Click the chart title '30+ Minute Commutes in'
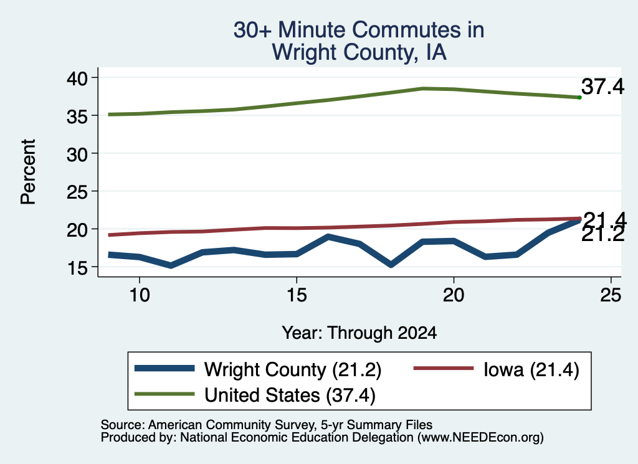(359, 30)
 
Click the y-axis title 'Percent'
(28, 172)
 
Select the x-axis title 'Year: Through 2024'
(359, 333)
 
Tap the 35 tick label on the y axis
(77, 116)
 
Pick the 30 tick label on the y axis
(77, 154)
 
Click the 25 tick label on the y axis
(77, 192)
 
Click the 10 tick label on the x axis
(140, 295)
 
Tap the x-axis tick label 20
(454, 295)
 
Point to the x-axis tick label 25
(611, 295)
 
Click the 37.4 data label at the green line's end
(602, 87)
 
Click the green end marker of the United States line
(579, 97)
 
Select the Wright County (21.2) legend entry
(258, 369)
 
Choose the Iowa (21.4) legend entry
(497, 369)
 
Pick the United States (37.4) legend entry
(255, 395)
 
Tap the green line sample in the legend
(164, 394)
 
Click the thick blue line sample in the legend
(164, 369)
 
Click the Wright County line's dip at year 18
(391, 264)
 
